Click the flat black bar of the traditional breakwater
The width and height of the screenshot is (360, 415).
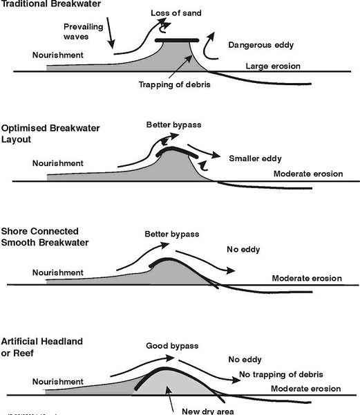click(x=177, y=40)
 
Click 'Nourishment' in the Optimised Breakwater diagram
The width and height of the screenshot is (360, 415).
click(x=58, y=163)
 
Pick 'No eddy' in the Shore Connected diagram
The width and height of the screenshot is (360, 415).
click(x=243, y=250)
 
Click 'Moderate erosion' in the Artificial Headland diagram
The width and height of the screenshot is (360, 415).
click(x=307, y=389)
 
